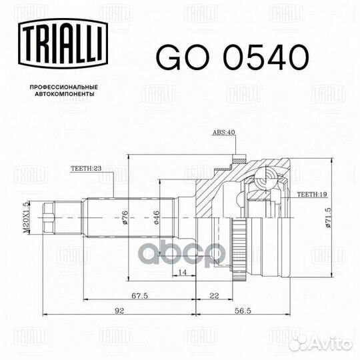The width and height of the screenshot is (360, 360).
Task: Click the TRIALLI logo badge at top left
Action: pos(63,43)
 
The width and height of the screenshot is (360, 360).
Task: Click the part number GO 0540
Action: pos(233,57)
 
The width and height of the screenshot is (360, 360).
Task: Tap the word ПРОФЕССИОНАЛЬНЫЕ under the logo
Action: pos(64,87)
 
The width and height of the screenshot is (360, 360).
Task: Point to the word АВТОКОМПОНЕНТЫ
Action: pos(65,94)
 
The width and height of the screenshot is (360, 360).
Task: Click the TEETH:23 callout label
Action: pos(86,168)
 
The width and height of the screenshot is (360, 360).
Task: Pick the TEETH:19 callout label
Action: pos(312,194)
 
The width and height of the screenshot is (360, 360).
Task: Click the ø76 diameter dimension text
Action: pos(125,217)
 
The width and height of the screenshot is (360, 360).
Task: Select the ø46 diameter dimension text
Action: pos(157,217)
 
